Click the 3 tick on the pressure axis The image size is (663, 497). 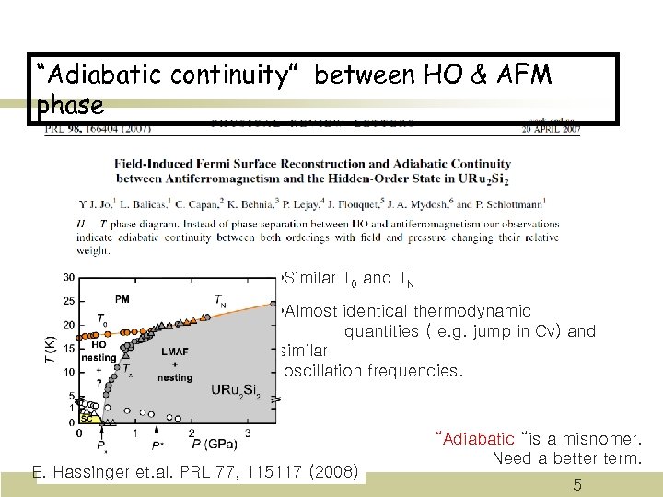(x=247, y=433)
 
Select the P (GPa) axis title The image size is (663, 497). (x=212, y=445)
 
